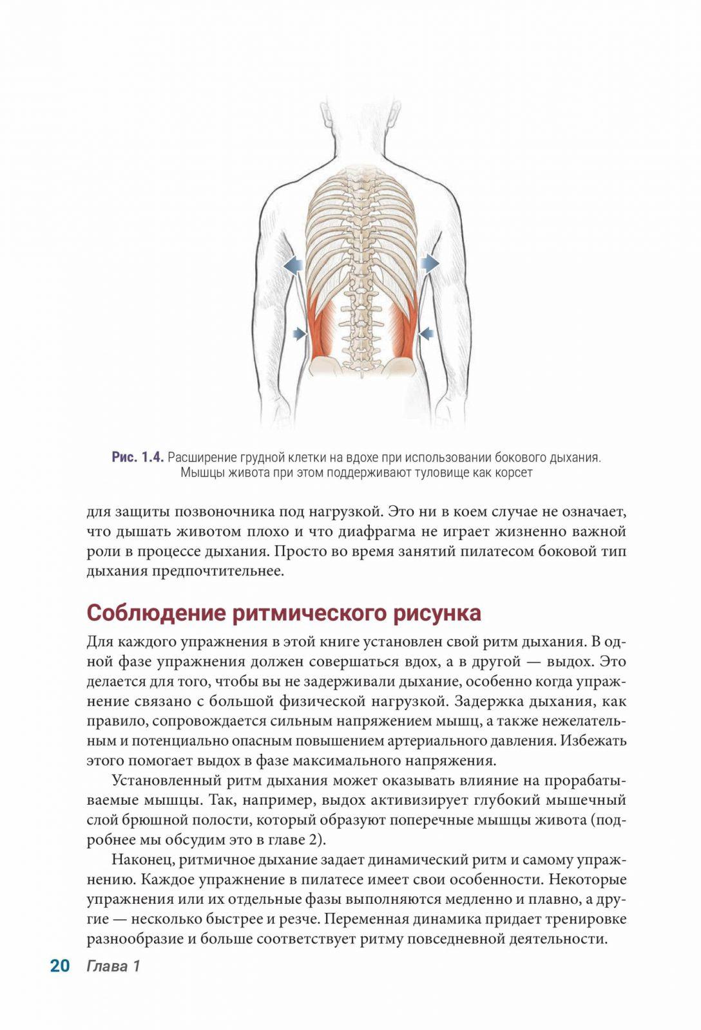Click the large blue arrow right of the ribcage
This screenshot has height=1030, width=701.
430,262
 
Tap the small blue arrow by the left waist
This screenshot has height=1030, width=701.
300,333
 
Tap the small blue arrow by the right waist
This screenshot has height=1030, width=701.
425,333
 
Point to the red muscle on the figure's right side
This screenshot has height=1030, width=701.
403,325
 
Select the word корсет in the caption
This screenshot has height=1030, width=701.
513,473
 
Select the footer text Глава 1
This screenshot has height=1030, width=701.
113,966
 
